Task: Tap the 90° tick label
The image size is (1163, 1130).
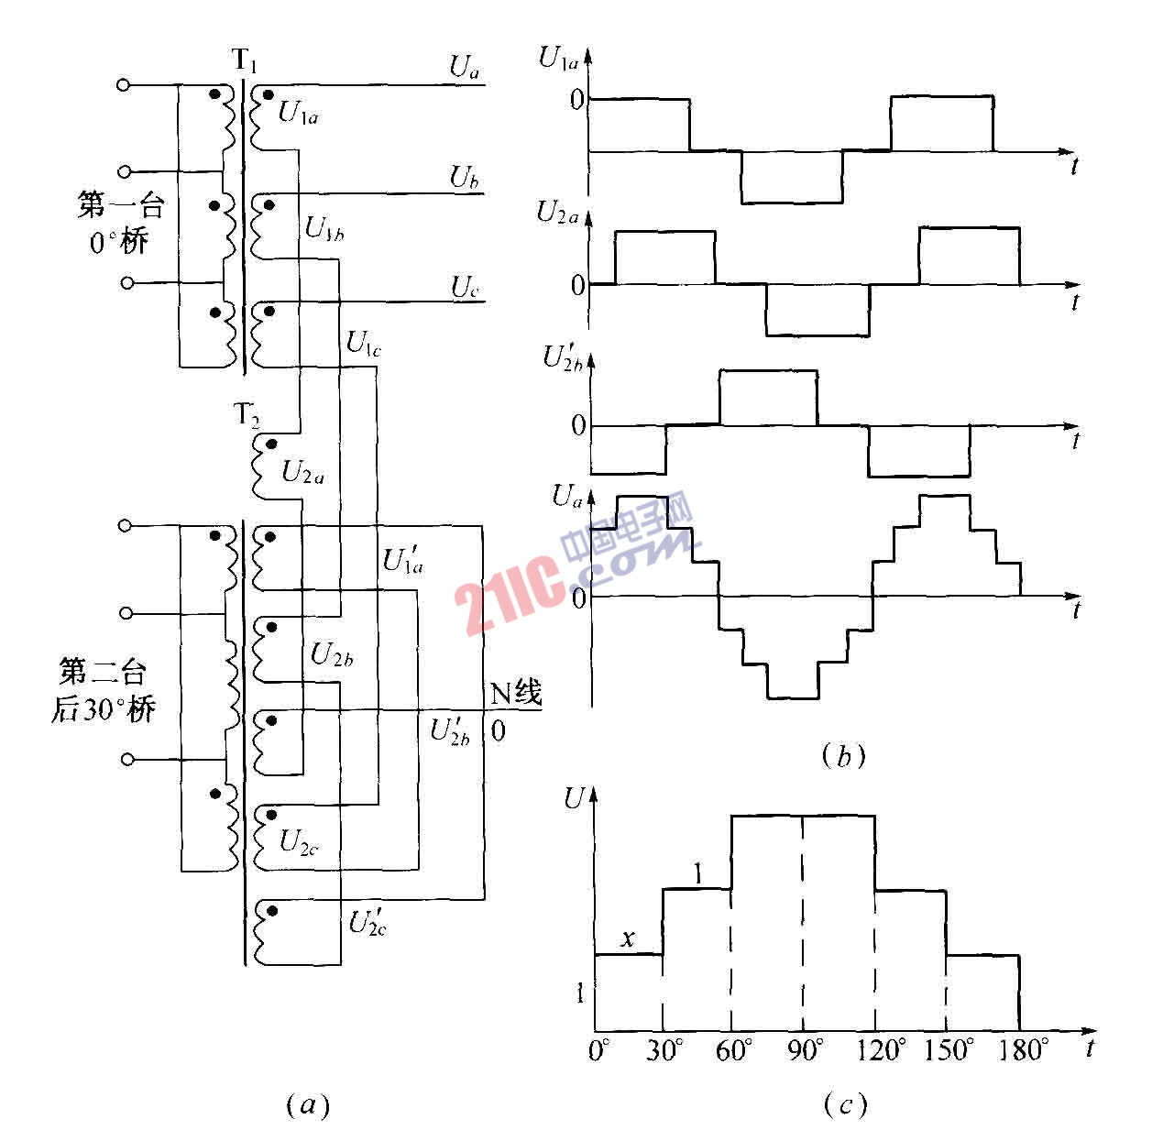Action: tap(803, 1049)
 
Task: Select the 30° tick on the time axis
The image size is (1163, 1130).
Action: tap(664, 1049)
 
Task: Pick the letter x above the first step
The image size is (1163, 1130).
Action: tap(628, 938)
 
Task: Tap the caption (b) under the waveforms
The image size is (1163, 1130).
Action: tap(843, 755)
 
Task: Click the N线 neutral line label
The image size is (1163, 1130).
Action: tap(516, 694)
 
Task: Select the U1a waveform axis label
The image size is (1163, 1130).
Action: tap(558, 60)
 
